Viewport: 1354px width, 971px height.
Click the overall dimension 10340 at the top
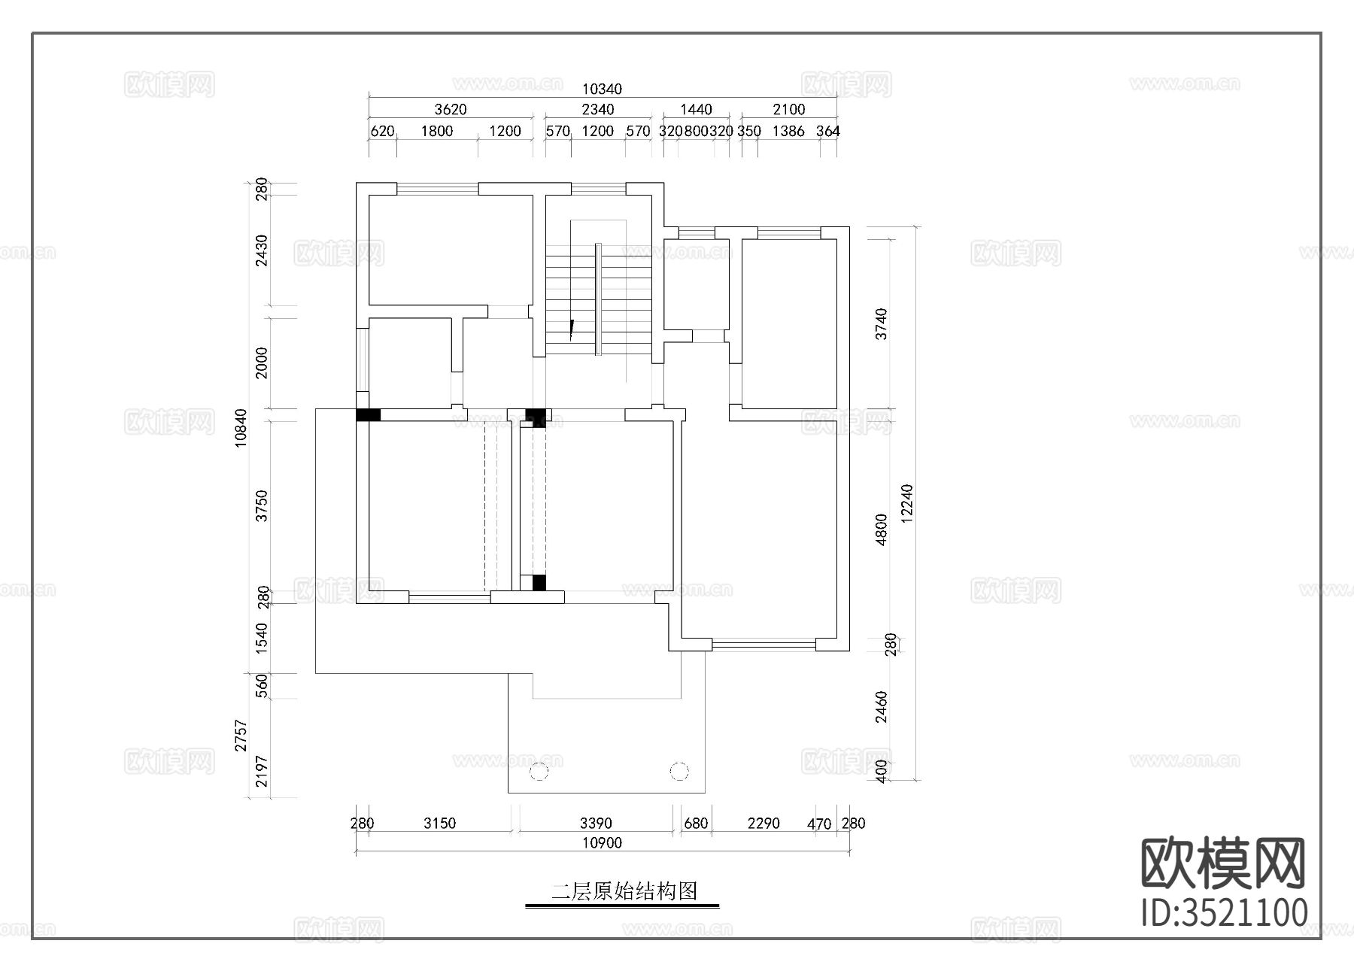602,90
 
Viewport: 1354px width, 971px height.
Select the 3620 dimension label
450,110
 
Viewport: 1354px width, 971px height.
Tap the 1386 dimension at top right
788,131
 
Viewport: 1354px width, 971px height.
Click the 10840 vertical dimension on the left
241,429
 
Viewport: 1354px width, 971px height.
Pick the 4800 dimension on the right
882,529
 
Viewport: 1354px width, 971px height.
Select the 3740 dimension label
882,323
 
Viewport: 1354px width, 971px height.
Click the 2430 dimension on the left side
261,250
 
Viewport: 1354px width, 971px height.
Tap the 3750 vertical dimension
261,505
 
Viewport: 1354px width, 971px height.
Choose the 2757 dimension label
241,736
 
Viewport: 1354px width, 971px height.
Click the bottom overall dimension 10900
602,843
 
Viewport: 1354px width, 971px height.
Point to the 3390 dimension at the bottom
596,824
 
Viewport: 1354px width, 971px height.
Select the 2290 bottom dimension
764,824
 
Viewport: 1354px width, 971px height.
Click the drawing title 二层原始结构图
624,892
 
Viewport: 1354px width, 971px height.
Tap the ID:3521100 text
1224,912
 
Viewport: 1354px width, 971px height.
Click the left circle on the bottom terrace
539,771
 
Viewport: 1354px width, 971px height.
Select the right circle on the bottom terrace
679,771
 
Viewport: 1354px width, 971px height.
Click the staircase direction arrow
572,329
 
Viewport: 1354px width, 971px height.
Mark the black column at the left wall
368,414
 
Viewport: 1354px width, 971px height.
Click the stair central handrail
598,298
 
